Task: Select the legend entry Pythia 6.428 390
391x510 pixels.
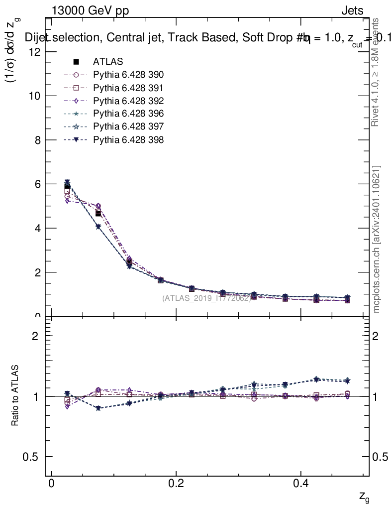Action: (128, 75)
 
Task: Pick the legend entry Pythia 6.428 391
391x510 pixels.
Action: (128, 88)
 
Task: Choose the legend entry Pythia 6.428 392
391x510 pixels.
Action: (128, 101)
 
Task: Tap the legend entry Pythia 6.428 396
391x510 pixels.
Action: (128, 114)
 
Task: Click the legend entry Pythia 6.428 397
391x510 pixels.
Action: (128, 127)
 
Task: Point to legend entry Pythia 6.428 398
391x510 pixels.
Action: (128, 140)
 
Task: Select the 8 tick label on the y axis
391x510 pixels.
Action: (37, 140)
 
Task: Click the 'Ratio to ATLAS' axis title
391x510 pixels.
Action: (15, 396)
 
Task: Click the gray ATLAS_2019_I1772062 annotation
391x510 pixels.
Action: (206, 298)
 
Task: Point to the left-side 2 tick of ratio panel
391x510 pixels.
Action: (36, 336)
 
